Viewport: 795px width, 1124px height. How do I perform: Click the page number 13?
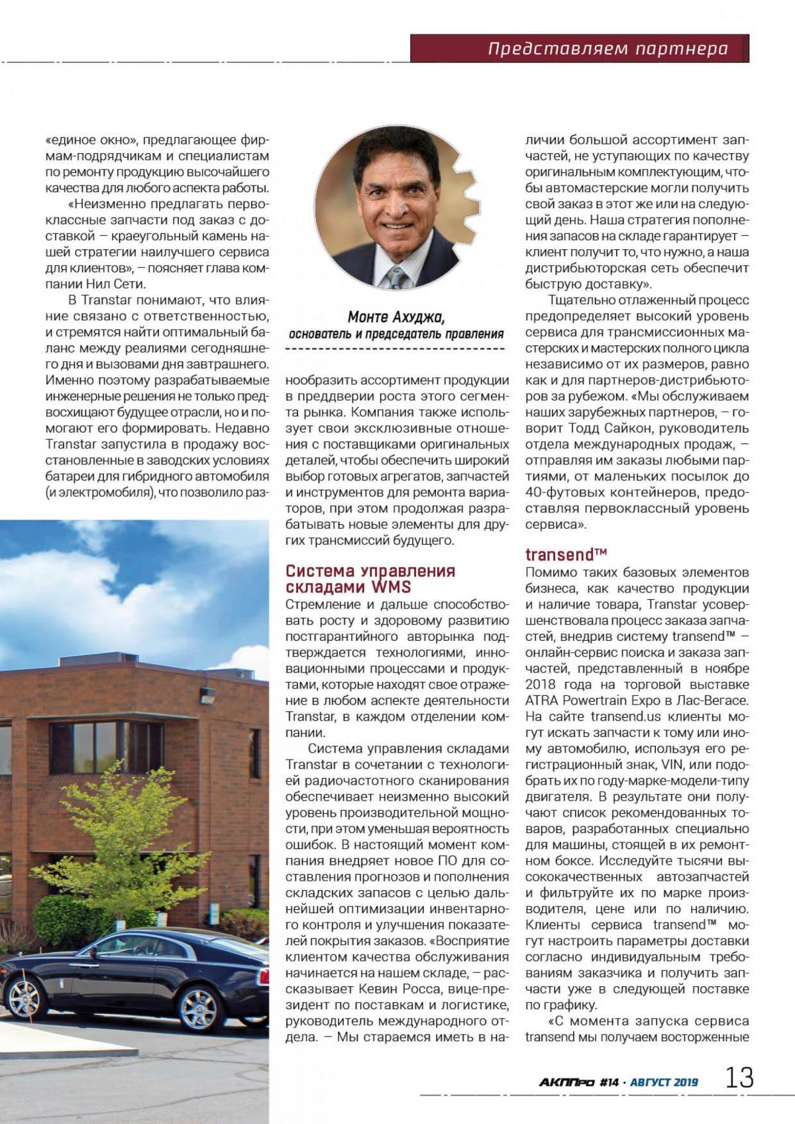click(739, 1077)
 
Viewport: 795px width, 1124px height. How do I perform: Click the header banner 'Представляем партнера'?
click(608, 48)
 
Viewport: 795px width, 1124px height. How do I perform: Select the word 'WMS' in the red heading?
click(391, 587)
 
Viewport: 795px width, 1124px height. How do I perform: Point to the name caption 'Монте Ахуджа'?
click(396, 317)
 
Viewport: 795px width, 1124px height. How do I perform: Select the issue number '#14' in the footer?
click(608, 1082)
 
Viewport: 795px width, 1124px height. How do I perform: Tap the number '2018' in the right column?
click(542, 685)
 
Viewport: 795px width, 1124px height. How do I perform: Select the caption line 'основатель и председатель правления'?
click(396, 334)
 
